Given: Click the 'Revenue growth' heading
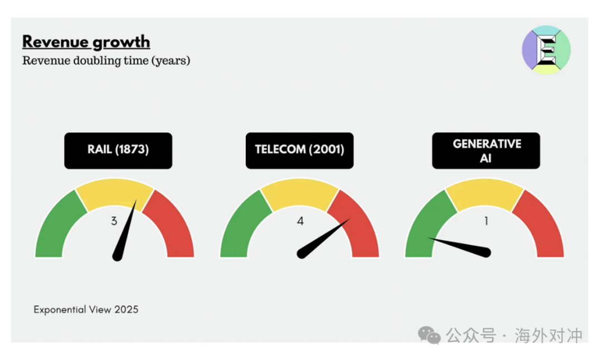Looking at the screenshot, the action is pyautogui.click(x=86, y=42).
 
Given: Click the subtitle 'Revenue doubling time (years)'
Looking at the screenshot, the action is pyautogui.click(x=106, y=61).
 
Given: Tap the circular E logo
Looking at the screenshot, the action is pyautogui.click(x=546, y=50).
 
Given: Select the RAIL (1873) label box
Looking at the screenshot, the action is pyautogui.click(x=118, y=150).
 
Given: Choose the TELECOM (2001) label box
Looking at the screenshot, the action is pyautogui.click(x=299, y=150).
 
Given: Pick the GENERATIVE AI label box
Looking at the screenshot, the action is pyautogui.click(x=486, y=150).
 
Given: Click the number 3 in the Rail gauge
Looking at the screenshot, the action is pyautogui.click(x=114, y=221).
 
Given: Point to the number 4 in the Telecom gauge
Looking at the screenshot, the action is pyautogui.click(x=300, y=221).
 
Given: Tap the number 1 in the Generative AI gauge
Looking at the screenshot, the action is pyautogui.click(x=486, y=221).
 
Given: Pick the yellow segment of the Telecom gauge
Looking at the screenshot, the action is pyautogui.click(x=299, y=194).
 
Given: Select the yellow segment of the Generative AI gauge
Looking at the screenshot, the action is pyautogui.click(x=484, y=194).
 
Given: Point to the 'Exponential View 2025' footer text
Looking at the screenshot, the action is pyautogui.click(x=86, y=309).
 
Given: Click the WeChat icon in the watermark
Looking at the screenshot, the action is pyautogui.click(x=429, y=335).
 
